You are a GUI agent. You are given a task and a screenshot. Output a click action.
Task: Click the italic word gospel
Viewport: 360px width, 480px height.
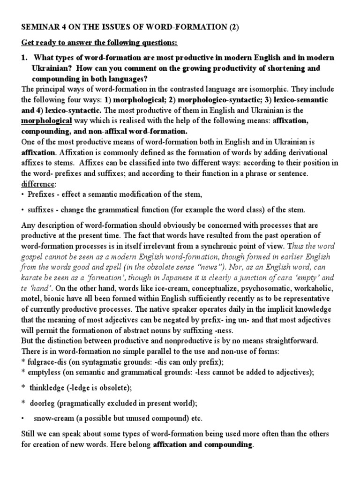34,256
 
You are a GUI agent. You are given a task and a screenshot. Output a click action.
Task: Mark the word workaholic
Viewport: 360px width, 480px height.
315,288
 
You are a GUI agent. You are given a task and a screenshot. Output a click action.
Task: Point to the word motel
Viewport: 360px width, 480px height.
32,298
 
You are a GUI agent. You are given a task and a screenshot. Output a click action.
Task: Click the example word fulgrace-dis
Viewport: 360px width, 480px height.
47,361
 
